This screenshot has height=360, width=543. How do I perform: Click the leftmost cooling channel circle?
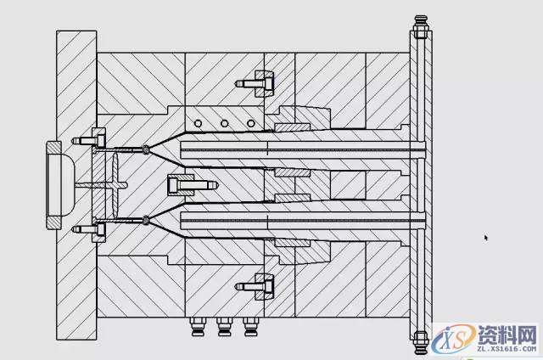click(x=198, y=123)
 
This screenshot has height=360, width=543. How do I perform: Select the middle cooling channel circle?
click(x=224, y=123)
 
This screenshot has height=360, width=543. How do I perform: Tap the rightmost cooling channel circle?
click(x=251, y=123)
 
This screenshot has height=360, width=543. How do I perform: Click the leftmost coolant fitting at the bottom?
click(x=197, y=327)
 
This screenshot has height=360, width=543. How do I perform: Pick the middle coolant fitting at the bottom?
click(x=223, y=327)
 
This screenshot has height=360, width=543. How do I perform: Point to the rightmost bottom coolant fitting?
click(x=250, y=327)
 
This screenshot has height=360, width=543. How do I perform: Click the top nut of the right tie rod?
click(x=421, y=26)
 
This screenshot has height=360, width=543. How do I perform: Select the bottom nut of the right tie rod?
click(x=421, y=342)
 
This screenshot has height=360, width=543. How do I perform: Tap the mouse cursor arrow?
click(x=486, y=238)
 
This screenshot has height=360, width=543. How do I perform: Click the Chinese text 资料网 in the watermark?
click(x=507, y=335)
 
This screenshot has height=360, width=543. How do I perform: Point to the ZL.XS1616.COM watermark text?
click(x=507, y=349)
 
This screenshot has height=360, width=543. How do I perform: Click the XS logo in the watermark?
click(x=454, y=340)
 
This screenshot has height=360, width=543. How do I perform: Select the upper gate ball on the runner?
click(x=146, y=149)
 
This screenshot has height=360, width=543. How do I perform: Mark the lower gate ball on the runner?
click(x=146, y=220)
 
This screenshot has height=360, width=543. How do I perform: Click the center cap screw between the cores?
click(x=193, y=185)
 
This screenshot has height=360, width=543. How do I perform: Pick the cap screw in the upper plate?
click(x=255, y=83)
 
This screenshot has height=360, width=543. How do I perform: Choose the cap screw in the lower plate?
click(x=255, y=286)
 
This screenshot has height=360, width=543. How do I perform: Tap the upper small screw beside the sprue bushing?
click(x=88, y=141)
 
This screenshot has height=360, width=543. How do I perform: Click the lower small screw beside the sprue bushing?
click(x=88, y=229)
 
